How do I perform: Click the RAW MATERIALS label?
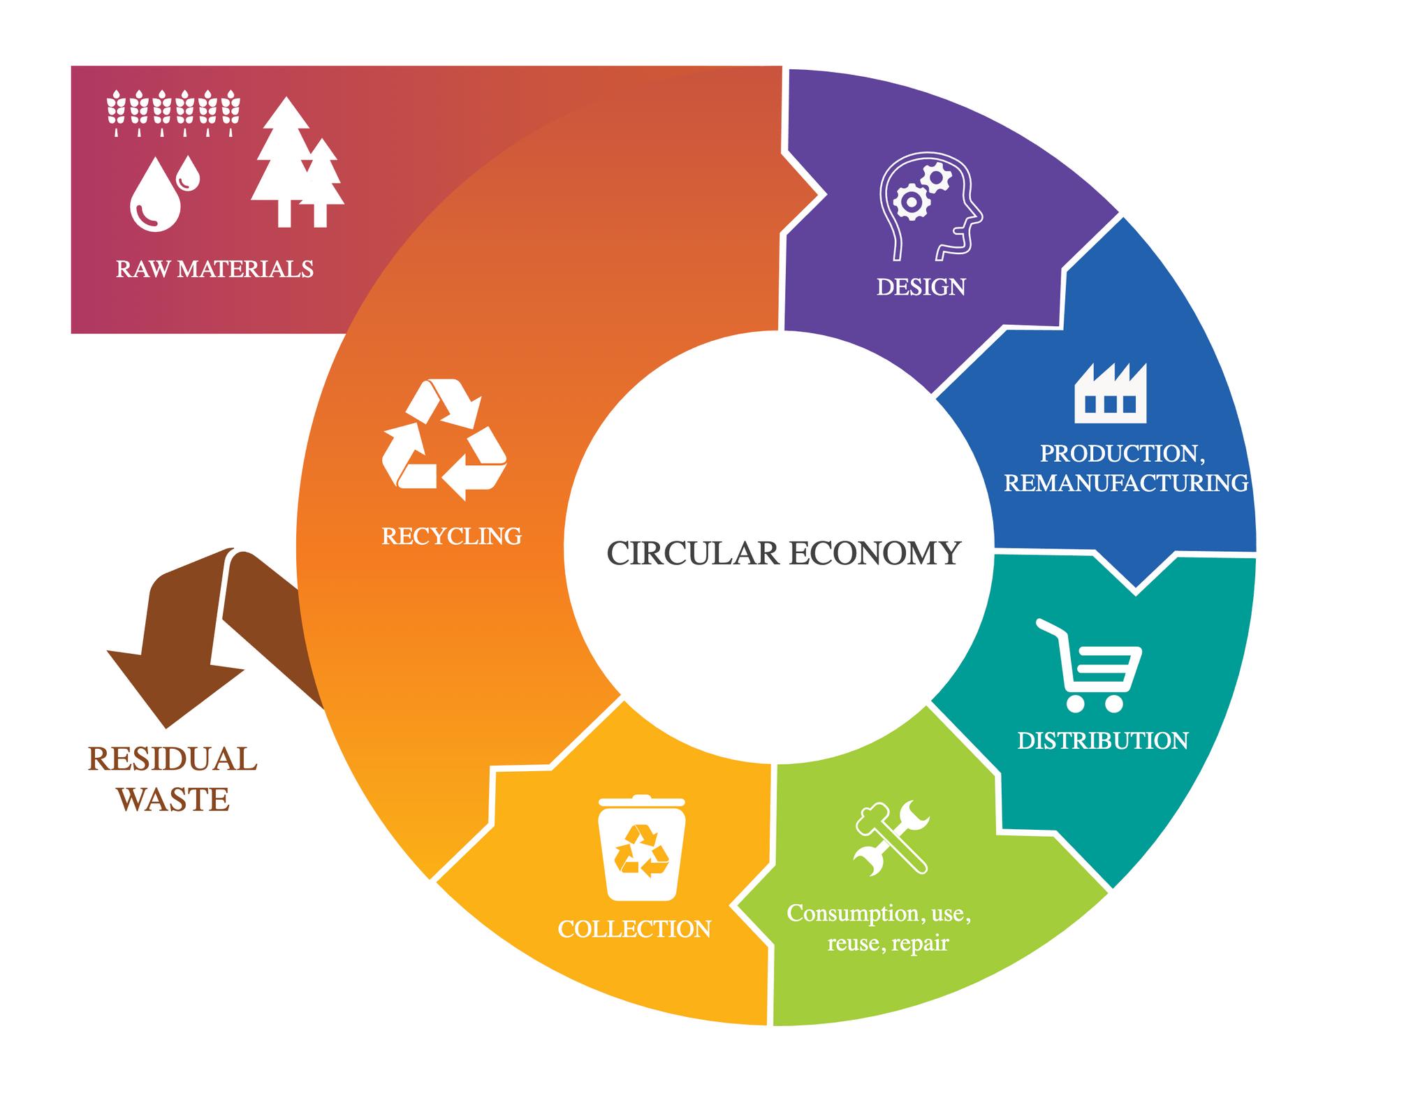pos(214,269)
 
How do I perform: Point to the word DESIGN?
pos(921,287)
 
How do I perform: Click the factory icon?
pos(1110,393)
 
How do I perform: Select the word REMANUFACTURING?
pos(1125,483)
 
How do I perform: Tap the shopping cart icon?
pos(1090,665)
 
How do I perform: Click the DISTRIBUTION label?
pos(1102,740)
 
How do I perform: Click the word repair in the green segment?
pos(920,944)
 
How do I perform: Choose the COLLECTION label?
pos(634,929)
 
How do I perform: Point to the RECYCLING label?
pos(451,536)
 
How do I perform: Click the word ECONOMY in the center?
pos(875,553)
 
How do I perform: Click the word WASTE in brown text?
pos(174,799)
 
